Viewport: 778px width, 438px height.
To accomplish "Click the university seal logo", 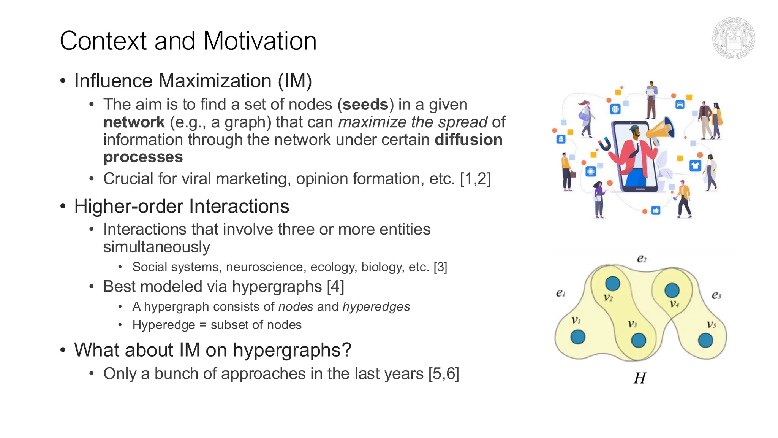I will tap(733, 38).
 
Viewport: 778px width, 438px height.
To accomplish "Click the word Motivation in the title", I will tap(260, 41).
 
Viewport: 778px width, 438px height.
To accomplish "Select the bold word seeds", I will tap(365, 105).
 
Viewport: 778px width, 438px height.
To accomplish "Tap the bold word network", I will tap(134, 122).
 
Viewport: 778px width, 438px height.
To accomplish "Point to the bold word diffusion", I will tap(468, 140).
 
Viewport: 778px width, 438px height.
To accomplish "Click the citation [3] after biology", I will tap(440, 267).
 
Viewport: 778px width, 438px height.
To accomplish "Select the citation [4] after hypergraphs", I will tap(335, 287).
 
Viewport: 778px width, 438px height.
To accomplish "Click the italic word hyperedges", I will tap(376, 307).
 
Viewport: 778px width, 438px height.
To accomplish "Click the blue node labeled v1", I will tap(578, 337).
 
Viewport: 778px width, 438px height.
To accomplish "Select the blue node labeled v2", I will tap(612, 283).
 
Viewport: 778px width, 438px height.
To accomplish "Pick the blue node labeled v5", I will tap(705, 340).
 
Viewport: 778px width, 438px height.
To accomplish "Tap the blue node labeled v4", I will tap(672, 290).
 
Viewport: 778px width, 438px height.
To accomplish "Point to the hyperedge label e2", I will tap(642, 259).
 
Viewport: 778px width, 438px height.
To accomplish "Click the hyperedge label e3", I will tap(716, 295).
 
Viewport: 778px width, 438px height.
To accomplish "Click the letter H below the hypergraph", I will tap(640, 378).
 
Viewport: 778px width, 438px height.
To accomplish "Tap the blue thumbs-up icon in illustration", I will tap(656, 210).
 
